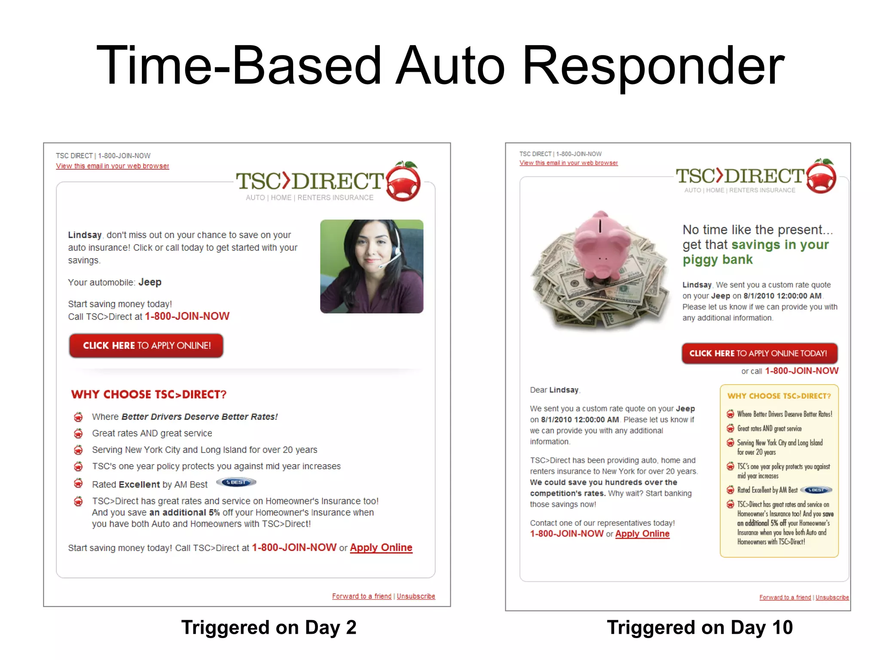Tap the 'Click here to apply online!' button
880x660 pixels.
point(146,345)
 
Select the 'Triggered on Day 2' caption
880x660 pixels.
point(269,627)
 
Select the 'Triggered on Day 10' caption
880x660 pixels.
point(700,627)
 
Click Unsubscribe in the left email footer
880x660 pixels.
point(416,596)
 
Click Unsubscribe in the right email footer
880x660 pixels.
point(832,597)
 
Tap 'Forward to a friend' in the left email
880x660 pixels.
point(361,596)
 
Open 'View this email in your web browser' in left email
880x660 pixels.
point(112,166)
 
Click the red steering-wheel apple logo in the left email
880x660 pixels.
point(403,182)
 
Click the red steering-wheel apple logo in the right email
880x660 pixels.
point(821,176)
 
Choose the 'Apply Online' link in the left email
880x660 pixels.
point(381,547)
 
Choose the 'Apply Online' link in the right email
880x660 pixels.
point(642,534)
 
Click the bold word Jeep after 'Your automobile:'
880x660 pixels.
point(150,282)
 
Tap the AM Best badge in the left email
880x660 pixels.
point(236,483)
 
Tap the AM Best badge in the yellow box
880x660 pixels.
point(818,490)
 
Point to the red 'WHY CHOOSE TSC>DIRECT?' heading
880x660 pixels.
point(149,394)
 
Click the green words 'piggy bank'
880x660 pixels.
point(718,260)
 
